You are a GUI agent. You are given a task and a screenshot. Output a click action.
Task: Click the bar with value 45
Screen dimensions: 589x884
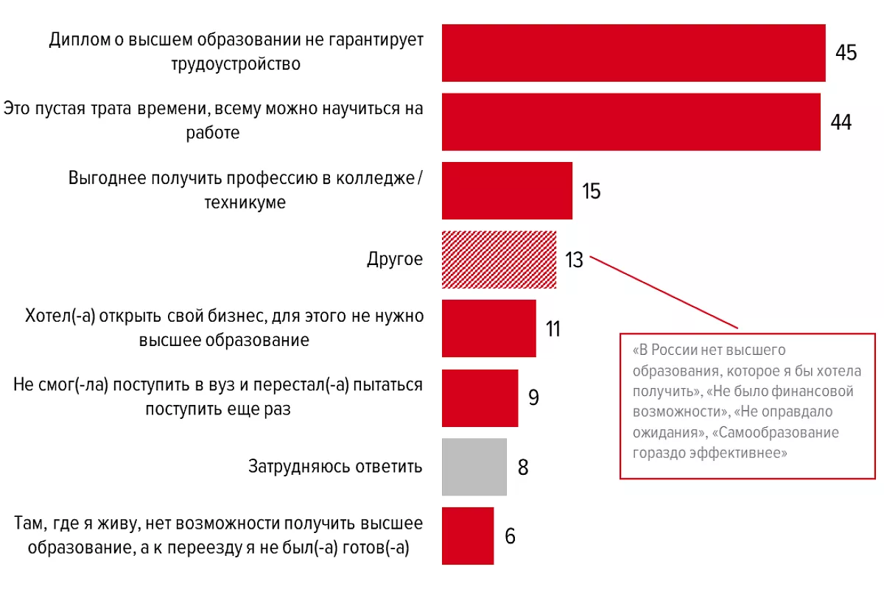(634, 52)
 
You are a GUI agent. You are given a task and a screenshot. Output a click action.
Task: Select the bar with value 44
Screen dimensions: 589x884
(631, 121)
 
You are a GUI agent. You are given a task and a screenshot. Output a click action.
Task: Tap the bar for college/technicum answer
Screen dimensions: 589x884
(507, 191)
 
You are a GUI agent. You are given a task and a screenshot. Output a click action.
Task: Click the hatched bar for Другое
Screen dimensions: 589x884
(499, 260)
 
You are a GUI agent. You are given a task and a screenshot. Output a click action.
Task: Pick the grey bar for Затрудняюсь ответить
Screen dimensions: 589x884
(474, 467)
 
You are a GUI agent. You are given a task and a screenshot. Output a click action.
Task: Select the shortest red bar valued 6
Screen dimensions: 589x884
(468, 535)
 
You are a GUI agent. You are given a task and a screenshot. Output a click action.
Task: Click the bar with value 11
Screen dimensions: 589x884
(489, 328)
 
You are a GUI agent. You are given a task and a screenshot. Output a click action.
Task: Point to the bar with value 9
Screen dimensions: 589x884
(480, 398)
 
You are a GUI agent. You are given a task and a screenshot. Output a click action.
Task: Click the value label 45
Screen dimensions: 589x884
(846, 53)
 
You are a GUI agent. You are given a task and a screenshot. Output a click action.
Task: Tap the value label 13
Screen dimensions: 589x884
(574, 260)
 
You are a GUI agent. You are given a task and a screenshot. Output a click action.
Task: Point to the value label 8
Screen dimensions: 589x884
(523, 468)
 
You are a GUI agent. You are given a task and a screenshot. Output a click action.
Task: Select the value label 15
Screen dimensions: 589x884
(591, 191)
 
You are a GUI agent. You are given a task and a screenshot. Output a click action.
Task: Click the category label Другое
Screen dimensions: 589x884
(395, 260)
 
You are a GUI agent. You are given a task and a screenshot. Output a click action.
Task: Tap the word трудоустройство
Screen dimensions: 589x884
(236, 64)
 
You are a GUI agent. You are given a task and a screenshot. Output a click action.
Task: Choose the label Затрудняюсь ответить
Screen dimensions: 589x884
(336, 467)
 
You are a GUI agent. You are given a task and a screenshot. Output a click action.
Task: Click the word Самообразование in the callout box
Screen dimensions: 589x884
(780, 432)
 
